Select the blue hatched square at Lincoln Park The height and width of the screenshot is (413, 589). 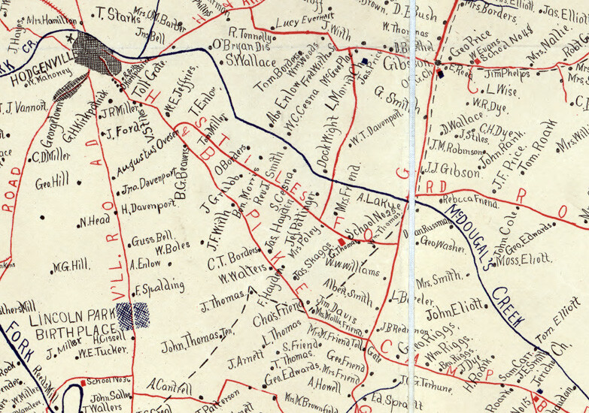133,315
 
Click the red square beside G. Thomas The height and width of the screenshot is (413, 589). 341,241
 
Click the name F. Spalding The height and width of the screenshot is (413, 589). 159,287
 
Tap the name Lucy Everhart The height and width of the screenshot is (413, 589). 303,22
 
